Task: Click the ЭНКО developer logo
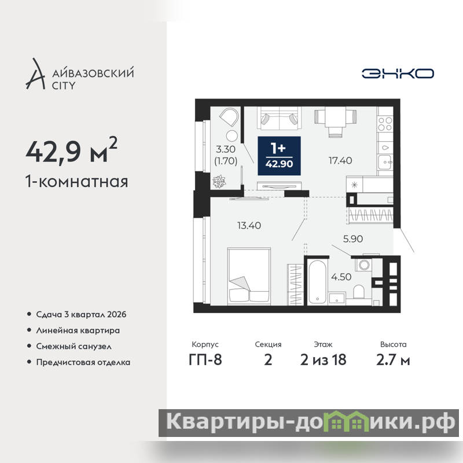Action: [398, 74]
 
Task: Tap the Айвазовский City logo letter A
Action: [36, 74]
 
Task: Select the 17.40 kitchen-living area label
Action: [340, 161]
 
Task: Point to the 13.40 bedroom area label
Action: [249, 226]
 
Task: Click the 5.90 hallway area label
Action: [353, 239]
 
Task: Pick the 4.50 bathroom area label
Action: [341, 277]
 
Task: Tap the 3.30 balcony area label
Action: [226, 149]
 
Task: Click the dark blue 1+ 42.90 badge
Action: [279, 156]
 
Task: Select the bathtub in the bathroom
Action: [317, 282]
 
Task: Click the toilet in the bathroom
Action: [359, 292]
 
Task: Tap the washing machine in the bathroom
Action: [363, 264]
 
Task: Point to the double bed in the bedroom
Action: [249, 277]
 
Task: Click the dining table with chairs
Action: [335, 122]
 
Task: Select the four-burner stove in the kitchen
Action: [385, 124]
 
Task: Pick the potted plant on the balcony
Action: [219, 181]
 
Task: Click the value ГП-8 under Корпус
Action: [205, 360]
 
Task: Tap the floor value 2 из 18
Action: [323, 360]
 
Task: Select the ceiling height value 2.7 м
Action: [393, 360]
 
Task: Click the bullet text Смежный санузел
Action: [74, 346]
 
